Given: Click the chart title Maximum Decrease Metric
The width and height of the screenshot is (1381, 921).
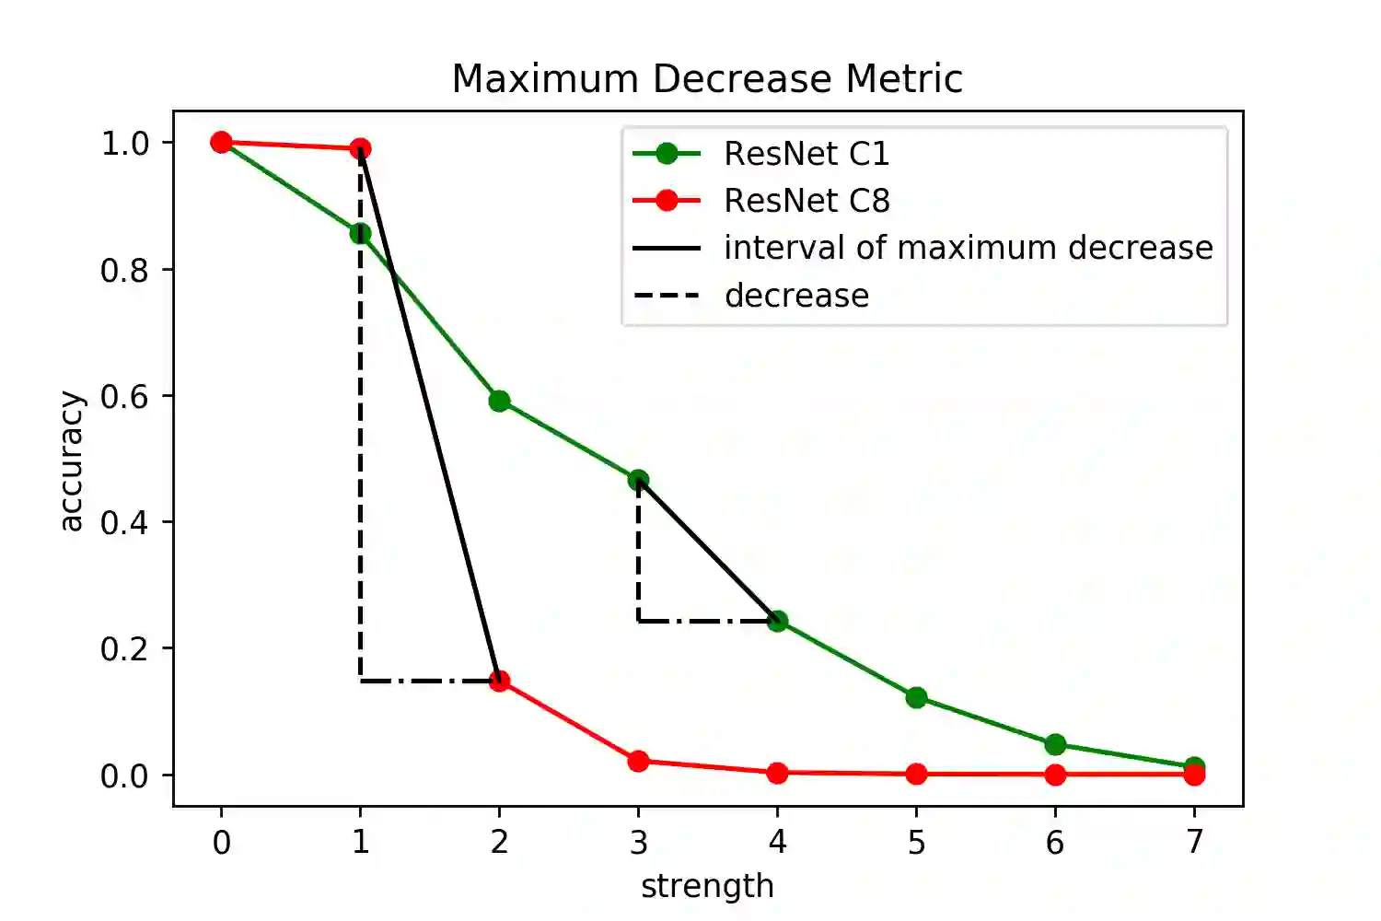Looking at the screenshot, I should tap(707, 79).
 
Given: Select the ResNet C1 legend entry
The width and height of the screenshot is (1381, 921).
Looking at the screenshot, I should tap(807, 154).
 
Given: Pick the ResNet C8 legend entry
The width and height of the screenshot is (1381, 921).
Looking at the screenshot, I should tap(807, 201).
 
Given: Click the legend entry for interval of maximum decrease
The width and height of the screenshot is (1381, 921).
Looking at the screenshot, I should tap(968, 248).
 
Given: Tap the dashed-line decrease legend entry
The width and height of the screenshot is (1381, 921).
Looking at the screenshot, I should tap(796, 296).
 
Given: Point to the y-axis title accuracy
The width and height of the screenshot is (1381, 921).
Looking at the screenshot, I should tap(71, 460).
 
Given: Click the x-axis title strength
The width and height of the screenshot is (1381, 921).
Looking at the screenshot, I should tap(707, 886).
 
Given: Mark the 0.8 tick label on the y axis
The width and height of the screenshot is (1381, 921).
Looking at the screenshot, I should tap(124, 270).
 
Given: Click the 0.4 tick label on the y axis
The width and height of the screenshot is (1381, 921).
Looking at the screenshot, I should tap(124, 522).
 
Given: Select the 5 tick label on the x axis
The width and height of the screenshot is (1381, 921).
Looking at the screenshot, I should tap(916, 842).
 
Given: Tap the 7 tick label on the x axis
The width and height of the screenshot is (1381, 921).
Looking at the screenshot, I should tap(1194, 842).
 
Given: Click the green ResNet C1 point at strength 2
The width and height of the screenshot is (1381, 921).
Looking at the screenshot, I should tap(499, 401).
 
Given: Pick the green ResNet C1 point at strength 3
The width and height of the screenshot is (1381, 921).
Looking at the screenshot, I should tap(638, 480).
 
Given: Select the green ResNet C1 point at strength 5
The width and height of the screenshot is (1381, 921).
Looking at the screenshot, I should tap(916, 697).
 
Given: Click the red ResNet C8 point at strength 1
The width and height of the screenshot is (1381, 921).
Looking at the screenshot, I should tap(360, 148).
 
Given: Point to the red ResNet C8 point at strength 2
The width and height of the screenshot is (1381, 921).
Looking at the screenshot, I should tap(499, 681).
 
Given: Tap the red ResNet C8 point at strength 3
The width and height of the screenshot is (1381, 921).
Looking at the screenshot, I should tap(638, 761).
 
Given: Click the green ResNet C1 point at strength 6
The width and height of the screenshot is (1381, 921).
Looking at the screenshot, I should tap(1055, 744).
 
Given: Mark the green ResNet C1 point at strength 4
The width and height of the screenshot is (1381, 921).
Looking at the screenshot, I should tap(777, 621).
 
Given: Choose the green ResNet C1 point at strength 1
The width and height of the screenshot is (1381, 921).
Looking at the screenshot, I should tap(360, 233).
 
